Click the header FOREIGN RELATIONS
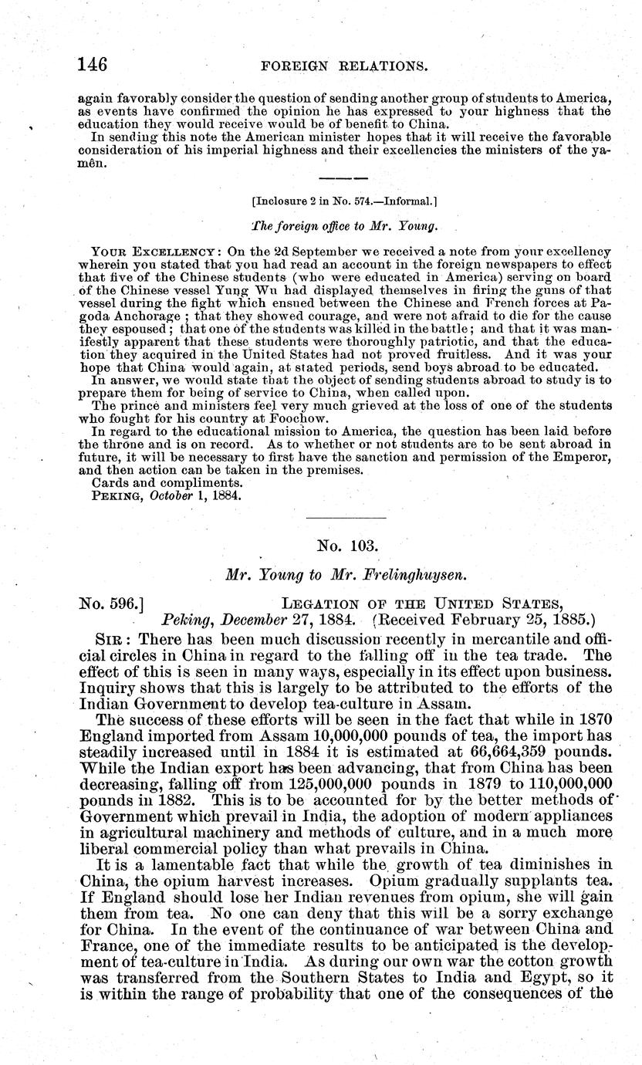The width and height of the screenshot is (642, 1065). pos(344,66)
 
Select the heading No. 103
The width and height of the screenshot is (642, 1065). pos(347,546)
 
